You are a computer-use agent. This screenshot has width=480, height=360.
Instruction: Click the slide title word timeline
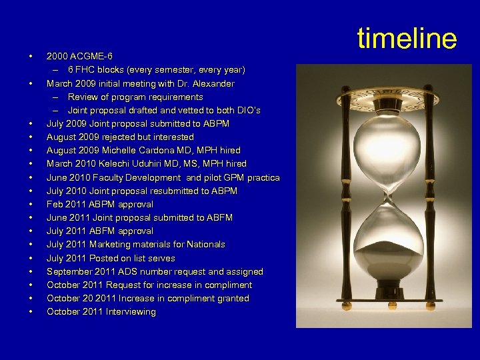coord(407,39)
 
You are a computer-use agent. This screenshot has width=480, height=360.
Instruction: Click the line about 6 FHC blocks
coord(156,70)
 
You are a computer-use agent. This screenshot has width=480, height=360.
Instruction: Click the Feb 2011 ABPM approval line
coord(99,205)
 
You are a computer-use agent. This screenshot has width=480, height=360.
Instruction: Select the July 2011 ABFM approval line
coord(99,231)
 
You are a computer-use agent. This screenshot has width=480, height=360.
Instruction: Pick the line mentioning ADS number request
coord(155,272)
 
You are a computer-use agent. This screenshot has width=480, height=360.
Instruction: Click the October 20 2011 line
coord(147,299)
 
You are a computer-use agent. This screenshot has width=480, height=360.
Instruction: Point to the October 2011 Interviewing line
coord(101,312)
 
